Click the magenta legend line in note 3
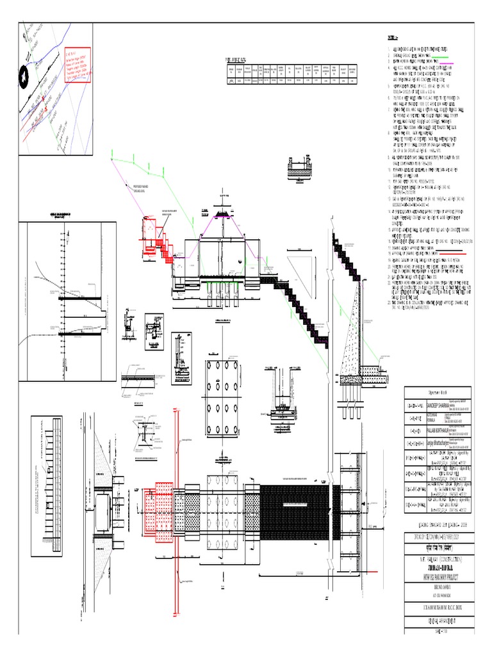443,63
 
